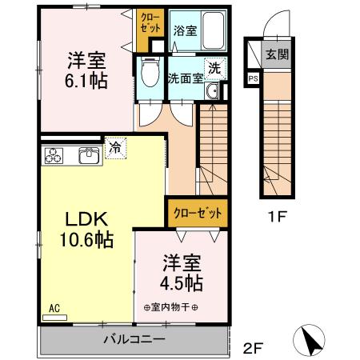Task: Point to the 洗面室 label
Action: point(184,78)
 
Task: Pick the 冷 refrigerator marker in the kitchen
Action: point(114,148)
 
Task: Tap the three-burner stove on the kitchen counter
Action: point(54,155)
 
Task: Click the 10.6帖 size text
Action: point(86,239)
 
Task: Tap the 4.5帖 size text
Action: point(183,282)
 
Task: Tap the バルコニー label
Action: point(134,339)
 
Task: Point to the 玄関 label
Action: point(277,55)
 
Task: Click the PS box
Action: point(253,78)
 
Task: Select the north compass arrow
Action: point(312,342)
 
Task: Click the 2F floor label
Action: point(253,348)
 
